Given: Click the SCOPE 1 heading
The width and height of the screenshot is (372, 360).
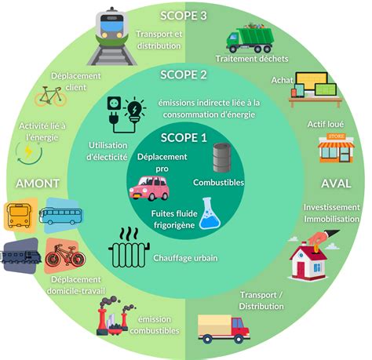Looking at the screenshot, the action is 184,138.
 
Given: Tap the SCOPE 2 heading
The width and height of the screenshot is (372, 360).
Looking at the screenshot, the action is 184,75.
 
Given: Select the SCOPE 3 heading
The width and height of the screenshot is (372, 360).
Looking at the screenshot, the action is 184,16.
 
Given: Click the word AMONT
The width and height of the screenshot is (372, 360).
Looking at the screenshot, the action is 38,184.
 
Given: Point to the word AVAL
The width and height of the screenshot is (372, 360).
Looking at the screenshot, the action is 336,184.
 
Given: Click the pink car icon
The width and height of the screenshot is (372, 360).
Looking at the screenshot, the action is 149,188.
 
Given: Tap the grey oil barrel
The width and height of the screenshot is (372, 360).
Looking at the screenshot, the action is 222,158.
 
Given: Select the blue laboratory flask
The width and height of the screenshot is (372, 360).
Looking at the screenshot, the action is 210,213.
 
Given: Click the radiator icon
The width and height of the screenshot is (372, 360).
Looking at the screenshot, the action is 129,249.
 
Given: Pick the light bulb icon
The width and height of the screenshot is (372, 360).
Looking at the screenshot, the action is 135,110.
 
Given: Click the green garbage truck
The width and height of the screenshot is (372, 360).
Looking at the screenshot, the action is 250,38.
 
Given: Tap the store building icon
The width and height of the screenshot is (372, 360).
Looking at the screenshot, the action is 336,148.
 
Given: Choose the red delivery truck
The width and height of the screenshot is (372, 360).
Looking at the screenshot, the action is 224,329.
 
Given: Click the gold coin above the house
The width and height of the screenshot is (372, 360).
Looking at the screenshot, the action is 316,249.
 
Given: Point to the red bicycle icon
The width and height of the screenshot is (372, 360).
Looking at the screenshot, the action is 65,256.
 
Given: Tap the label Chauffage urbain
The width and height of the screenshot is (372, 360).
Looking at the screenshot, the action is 185,258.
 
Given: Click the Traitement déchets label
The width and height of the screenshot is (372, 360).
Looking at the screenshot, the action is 252,59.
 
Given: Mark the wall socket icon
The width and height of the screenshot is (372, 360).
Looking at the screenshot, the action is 115,104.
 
